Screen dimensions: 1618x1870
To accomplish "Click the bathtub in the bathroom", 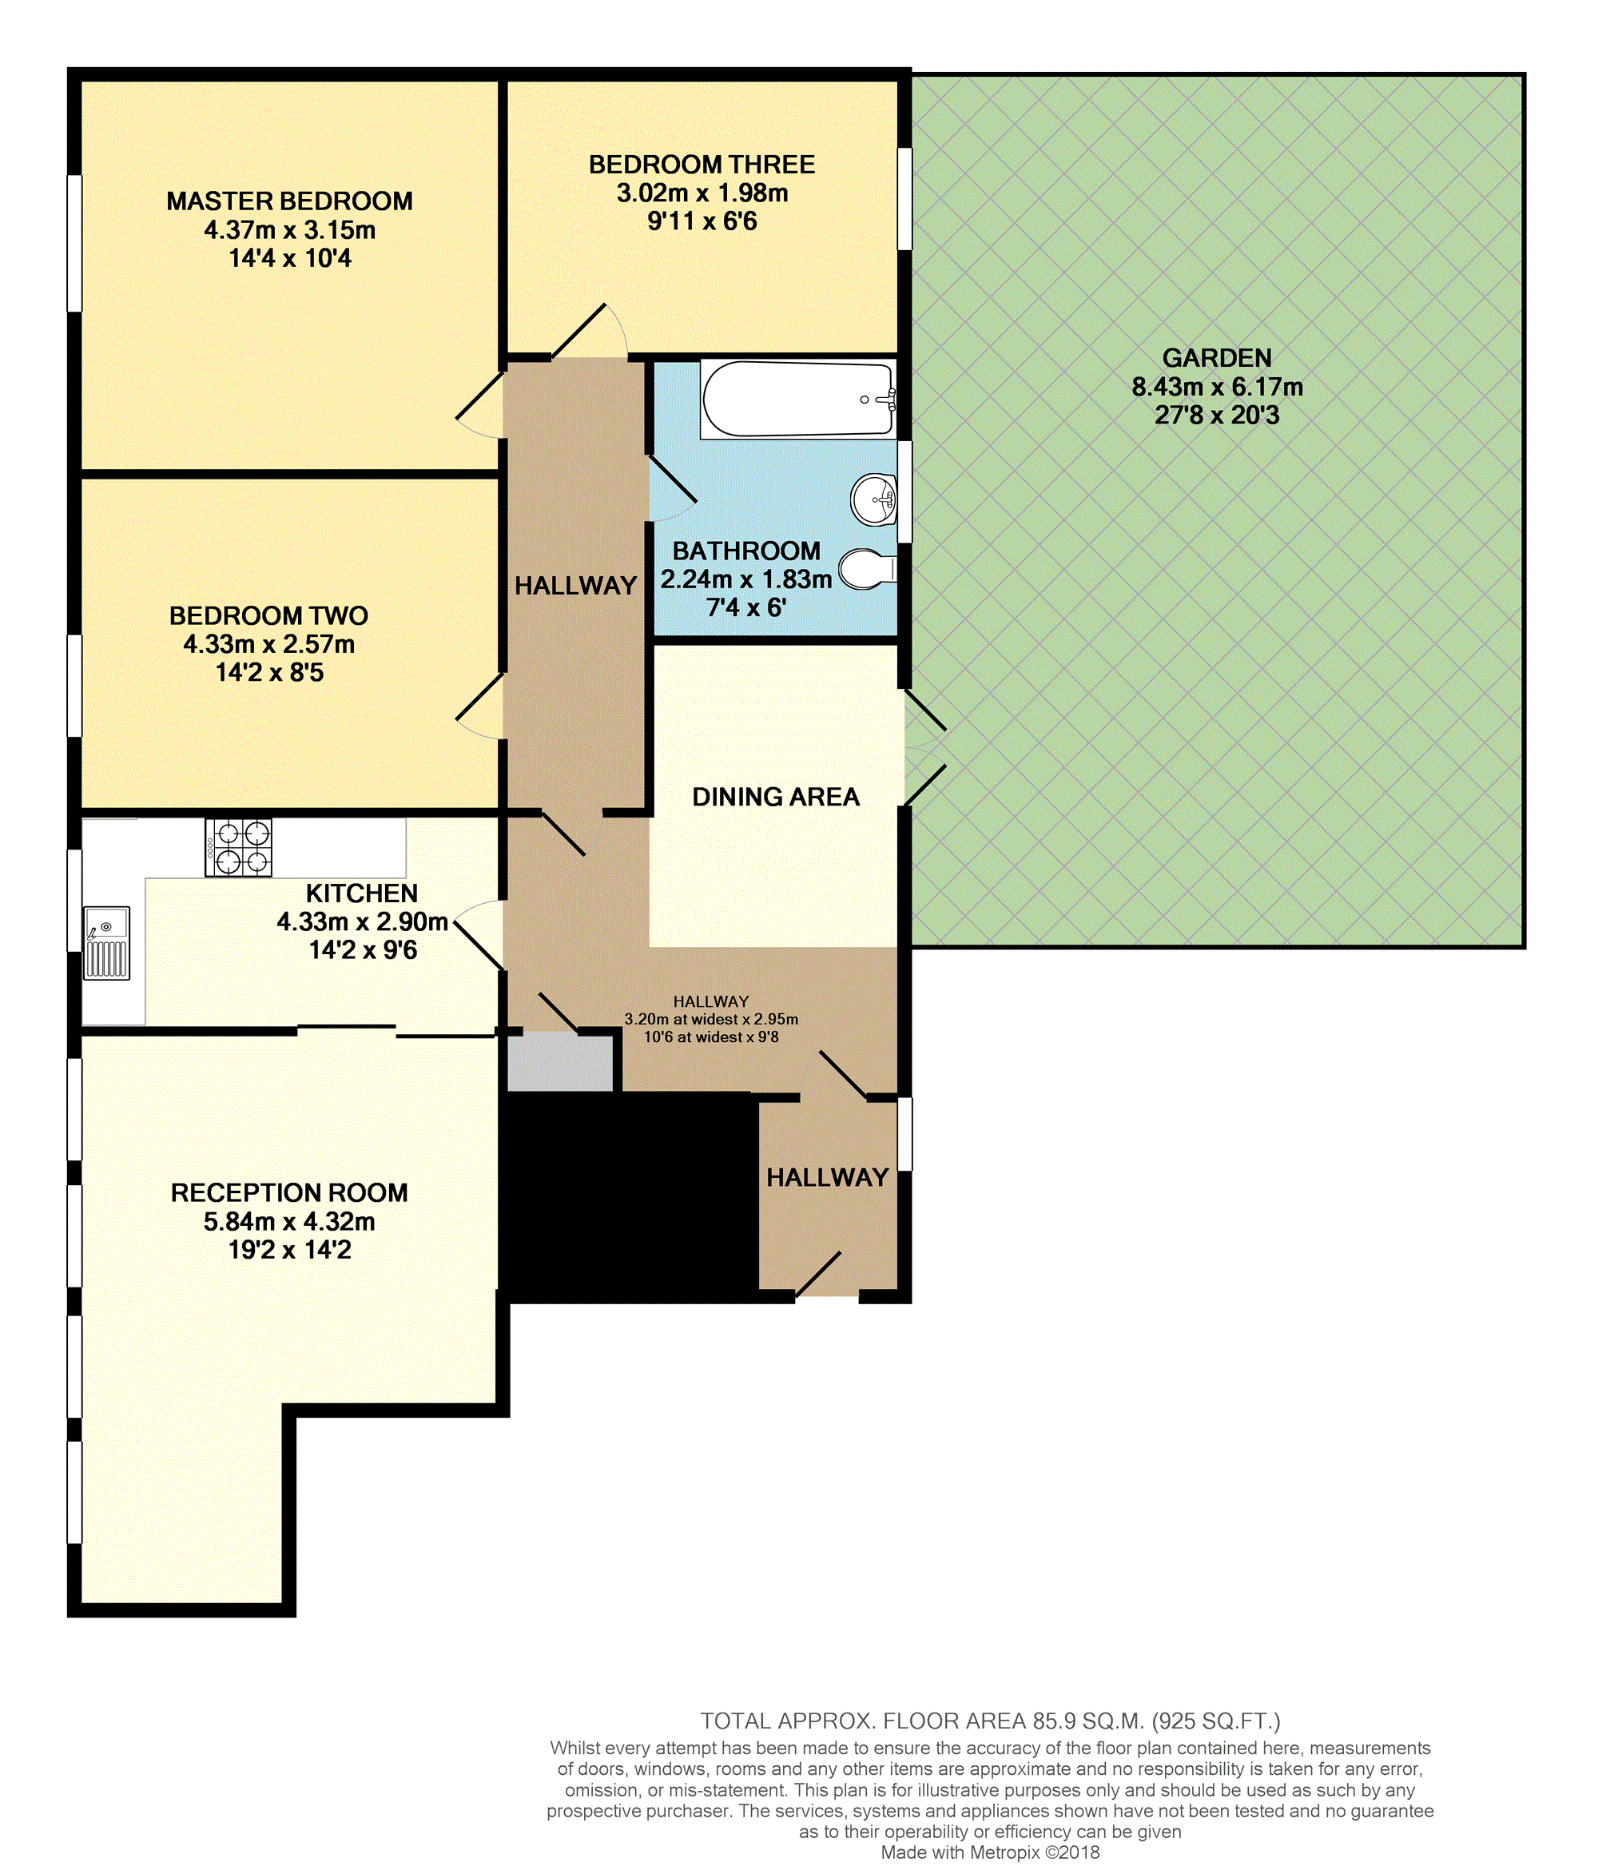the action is tap(798, 399).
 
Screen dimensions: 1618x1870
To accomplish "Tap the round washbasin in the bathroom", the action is tap(873, 499).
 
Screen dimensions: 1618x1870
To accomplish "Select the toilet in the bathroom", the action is tap(868, 569).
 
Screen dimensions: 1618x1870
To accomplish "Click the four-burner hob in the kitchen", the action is tap(239, 847).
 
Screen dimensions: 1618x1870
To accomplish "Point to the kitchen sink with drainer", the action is tap(106, 943).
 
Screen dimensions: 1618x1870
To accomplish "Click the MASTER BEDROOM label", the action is tap(290, 201).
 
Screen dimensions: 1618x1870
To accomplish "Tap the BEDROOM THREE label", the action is tap(702, 165).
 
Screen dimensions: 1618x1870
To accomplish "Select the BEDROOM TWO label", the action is tap(269, 616).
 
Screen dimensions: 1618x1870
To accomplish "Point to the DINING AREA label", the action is tap(776, 797).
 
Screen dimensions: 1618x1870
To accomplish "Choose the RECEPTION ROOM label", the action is tap(290, 1193).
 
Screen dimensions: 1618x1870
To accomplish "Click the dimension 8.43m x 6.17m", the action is tap(1217, 388).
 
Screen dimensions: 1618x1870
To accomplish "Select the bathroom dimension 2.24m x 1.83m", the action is tap(745, 579).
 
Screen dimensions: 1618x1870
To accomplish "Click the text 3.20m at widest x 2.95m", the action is tap(711, 1020).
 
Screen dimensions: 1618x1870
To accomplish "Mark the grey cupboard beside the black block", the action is tap(561, 1063).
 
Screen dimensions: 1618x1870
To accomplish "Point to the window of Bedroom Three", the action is tap(904, 199).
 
